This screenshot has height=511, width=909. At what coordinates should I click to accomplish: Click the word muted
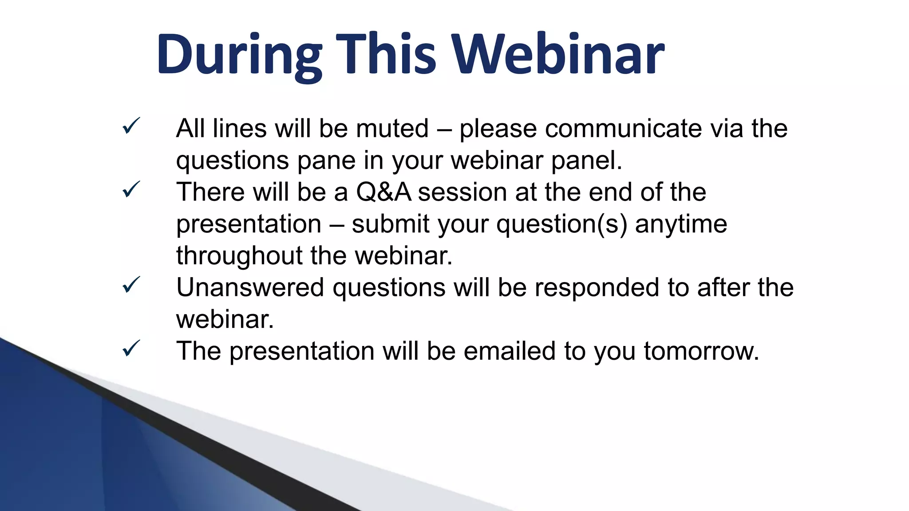(x=392, y=129)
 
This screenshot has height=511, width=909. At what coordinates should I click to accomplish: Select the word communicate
(x=624, y=129)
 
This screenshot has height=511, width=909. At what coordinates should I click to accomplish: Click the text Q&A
(x=383, y=193)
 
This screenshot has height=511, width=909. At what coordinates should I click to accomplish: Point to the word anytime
(x=681, y=224)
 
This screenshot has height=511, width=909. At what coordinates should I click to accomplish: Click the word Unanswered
(x=250, y=287)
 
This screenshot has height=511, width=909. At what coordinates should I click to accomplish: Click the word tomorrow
(x=701, y=351)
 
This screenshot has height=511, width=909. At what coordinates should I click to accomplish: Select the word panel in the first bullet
(x=586, y=161)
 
